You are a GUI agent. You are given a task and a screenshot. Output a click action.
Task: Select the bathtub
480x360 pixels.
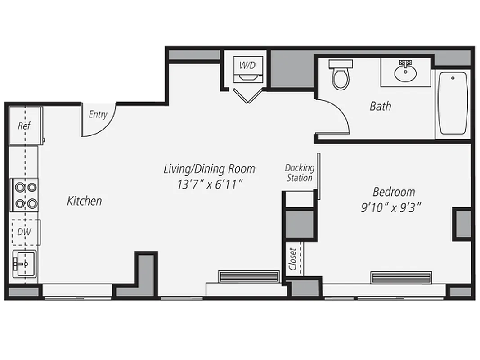[x=453, y=103]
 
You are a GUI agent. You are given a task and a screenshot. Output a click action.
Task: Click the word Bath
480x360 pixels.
[x=380, y=106]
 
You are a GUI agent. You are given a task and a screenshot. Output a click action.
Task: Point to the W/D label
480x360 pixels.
[x=247, y=65]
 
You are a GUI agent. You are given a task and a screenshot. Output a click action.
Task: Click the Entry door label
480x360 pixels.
[x=98, y=114]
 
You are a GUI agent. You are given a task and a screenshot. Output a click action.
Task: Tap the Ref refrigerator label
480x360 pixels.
[x=24, y=126]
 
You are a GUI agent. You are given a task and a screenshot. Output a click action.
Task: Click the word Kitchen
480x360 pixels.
[x=84, y=201]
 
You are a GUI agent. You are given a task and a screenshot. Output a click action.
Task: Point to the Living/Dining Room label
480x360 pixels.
[x=209, y=169]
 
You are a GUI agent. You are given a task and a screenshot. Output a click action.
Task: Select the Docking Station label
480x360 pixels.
[x=299, y=173]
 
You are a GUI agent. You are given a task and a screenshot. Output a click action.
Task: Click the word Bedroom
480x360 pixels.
[x=394, y=192]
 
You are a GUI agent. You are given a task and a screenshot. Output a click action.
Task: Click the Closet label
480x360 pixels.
[x=293, y=259]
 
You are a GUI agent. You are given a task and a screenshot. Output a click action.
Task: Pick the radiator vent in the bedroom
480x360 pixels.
[x=401, y=277]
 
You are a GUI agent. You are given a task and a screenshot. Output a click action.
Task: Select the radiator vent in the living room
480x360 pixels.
[x=248, y=276]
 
